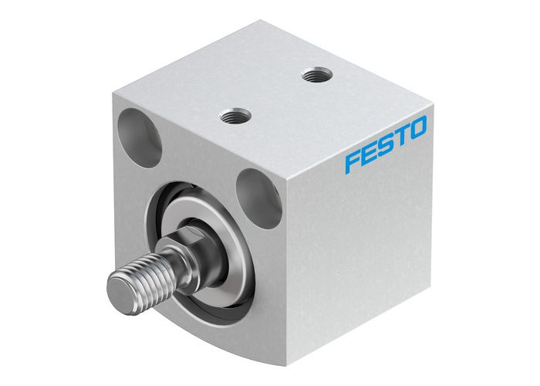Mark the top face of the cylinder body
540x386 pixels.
click(270, 85)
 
